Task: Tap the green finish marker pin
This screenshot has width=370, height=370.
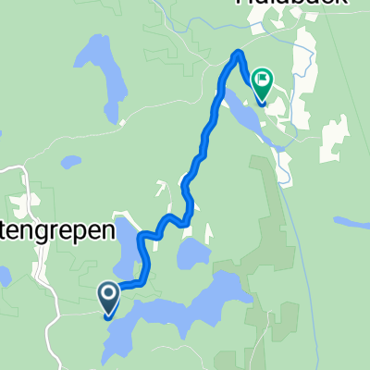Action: pos(263,85)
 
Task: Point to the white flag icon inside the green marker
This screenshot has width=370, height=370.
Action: pos(263,81)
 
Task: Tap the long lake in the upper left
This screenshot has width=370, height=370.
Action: pos(108,79)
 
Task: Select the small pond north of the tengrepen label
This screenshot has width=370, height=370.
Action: pos(70,163)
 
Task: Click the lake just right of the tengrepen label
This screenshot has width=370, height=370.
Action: pos(129,245)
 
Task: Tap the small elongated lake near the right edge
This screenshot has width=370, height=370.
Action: pos(352,222)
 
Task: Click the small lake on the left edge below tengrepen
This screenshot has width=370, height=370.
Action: pos(4,275)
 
